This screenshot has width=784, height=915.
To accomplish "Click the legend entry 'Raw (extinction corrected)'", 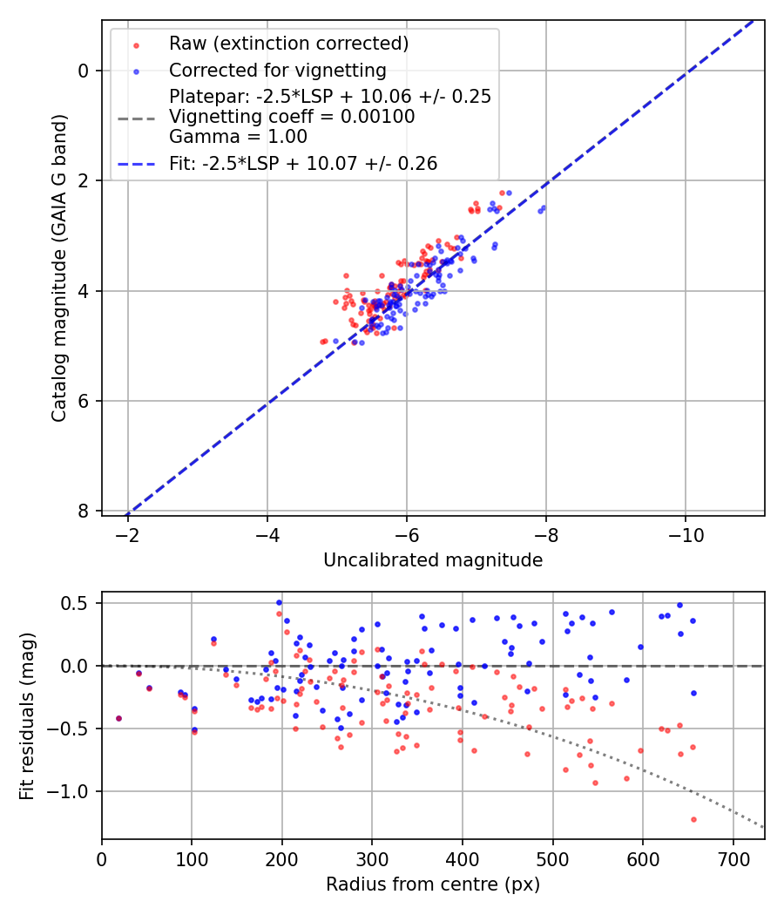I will (x=288, y=44).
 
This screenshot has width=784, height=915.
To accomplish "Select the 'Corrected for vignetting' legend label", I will (x=278, y=70).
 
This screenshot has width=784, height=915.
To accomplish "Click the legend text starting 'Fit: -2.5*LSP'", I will (x=303, y=163).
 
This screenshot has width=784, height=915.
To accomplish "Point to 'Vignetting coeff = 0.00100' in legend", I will (x=292, y=117).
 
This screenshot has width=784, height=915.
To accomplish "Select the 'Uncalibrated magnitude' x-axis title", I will (x=433, y=560).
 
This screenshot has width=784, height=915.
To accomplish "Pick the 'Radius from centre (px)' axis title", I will (x=433, y=884).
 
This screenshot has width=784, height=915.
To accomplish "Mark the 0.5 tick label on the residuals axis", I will (x=80, y=603).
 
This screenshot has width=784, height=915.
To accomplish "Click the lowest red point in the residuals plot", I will (x=693, y=819).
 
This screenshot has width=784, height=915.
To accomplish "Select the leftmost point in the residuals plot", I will (x=118, y=718).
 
